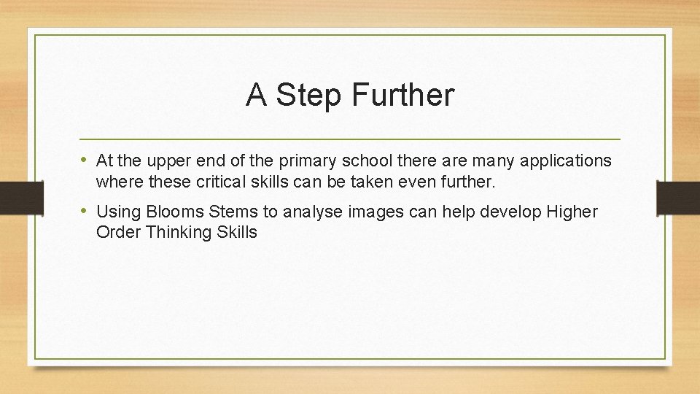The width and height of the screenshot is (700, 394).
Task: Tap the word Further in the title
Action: [402, 95]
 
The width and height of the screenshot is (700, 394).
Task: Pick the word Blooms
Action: [175, 212]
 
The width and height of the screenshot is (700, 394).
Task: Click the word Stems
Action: [233, 212]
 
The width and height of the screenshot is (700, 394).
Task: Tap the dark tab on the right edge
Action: [677, 197]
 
